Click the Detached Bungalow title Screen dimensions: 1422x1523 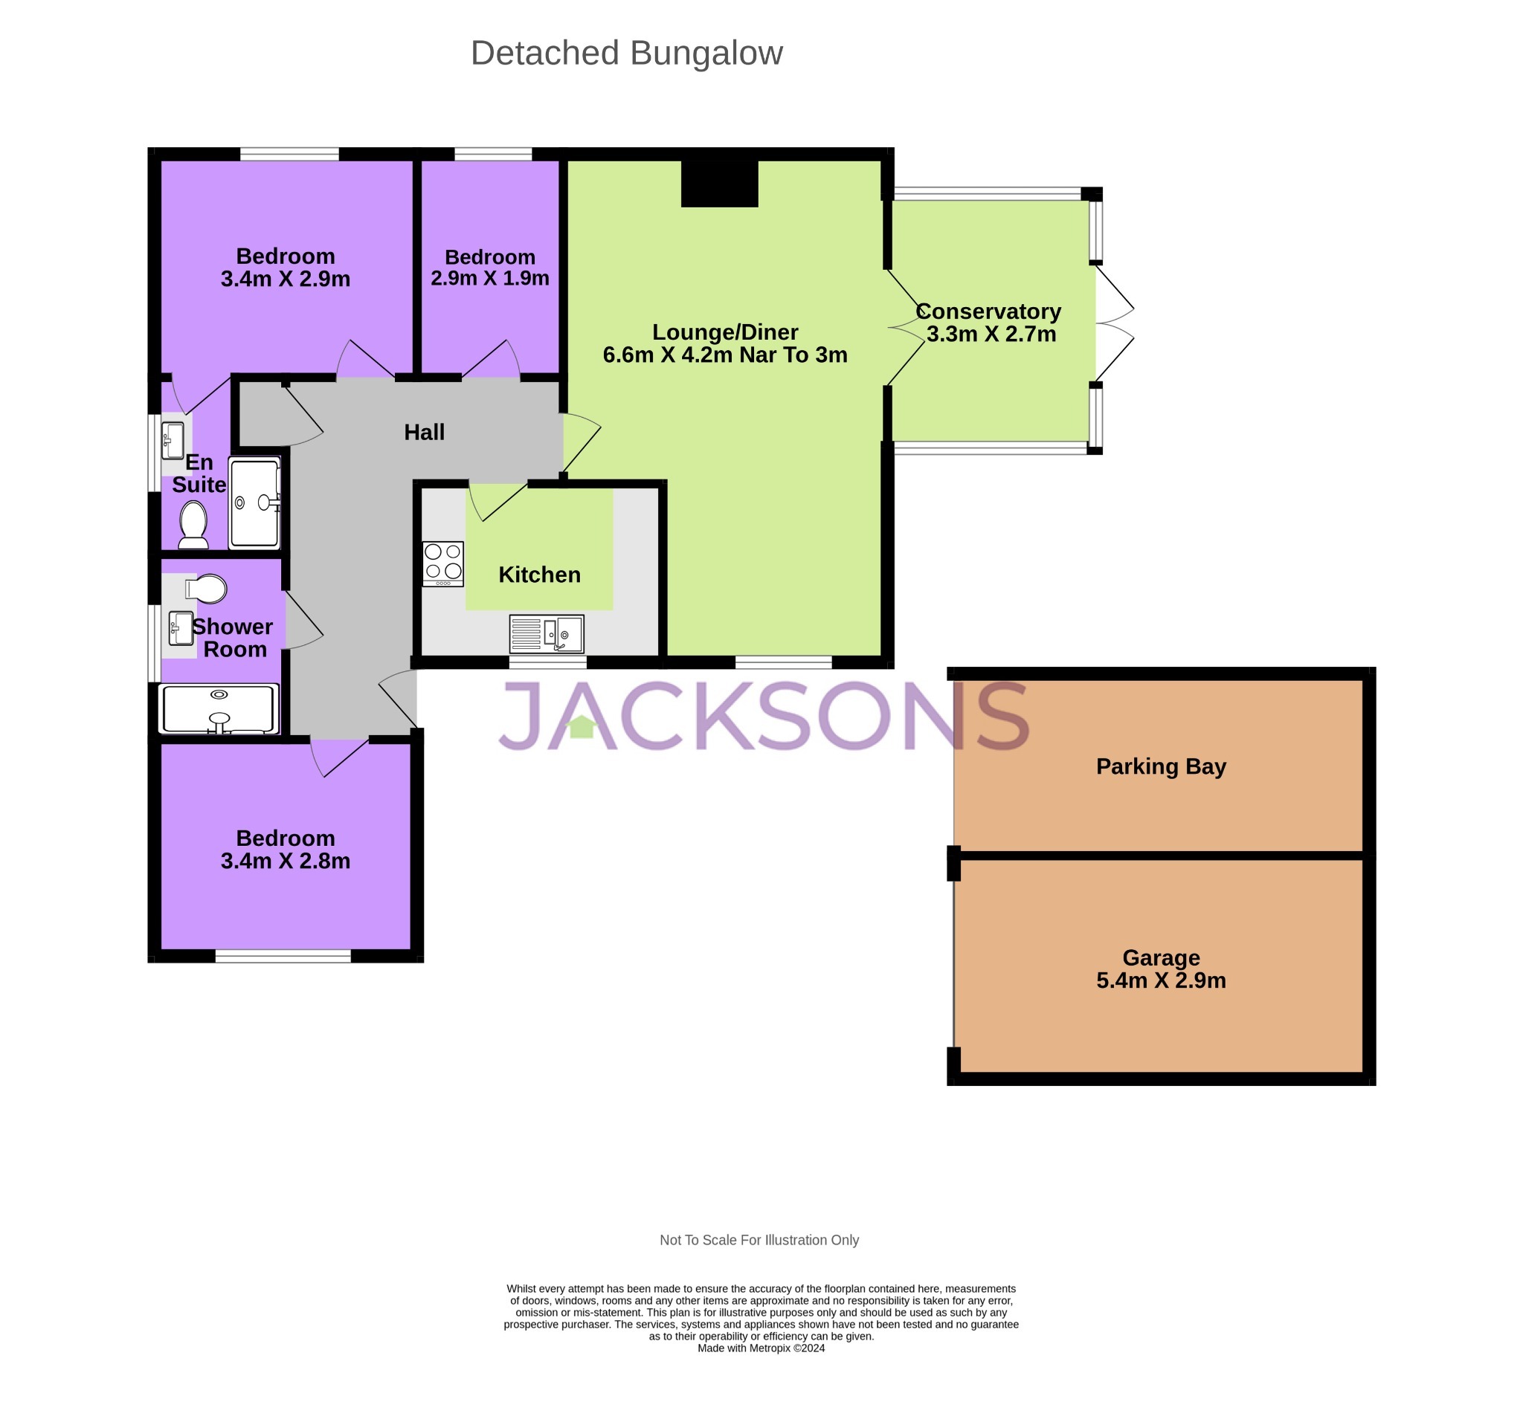pos(626,54)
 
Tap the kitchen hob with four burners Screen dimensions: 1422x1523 pos(442,563)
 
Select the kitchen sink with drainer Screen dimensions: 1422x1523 pos(547,633)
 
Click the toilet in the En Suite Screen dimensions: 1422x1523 pos(193,524)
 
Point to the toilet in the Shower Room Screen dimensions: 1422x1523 pos(206,589)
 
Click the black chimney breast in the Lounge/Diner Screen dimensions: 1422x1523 pos(718,183)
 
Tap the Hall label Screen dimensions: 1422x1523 pos(424,432)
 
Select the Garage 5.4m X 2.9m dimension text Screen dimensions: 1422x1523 pos(1160,980)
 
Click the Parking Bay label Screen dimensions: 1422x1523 pos(1160,766)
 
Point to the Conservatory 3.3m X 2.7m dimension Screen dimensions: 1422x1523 pos(991,334)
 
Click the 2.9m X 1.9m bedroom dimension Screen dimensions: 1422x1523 pos(489,278)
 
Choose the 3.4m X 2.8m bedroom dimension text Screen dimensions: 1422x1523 pos(285,861)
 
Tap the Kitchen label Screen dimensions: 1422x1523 pos(539,575)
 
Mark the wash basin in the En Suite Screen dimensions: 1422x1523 pos(173,439)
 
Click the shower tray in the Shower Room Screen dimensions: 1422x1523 pos(219,708)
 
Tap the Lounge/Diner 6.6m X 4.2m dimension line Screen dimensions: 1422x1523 pos(724,355)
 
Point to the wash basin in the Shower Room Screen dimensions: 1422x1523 pos(181,628)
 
